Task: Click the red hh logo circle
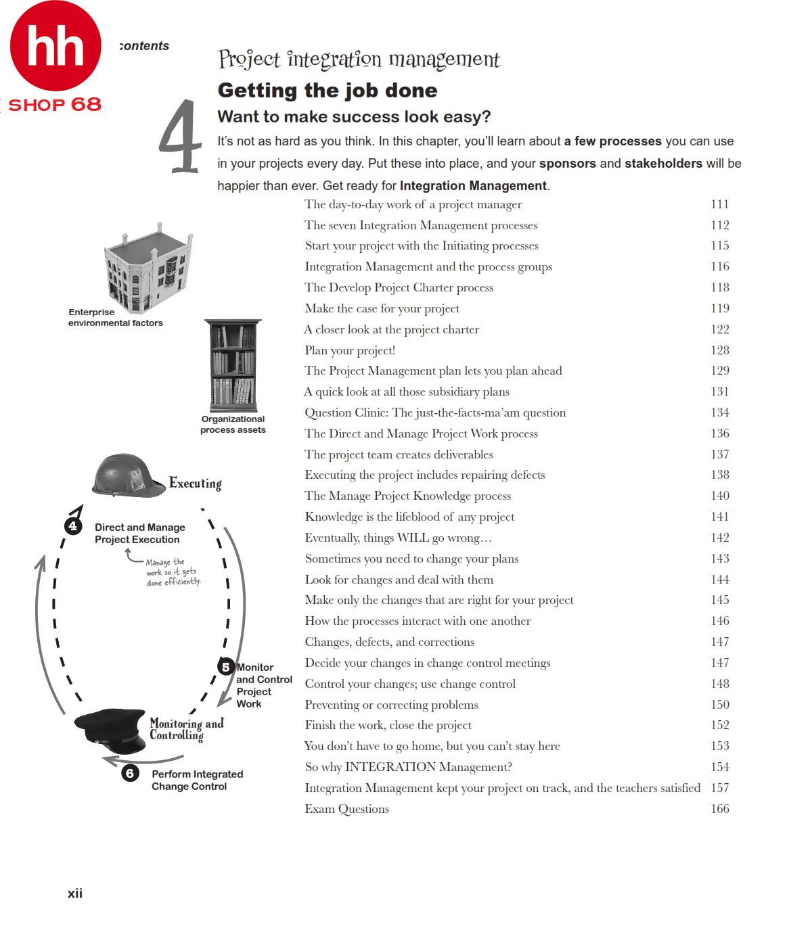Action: pyautogui.click(x=55, y=46)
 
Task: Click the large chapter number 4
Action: pyautogui.click(x=180, y=137)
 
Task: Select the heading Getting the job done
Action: pyautogui.click(x=328, y=90)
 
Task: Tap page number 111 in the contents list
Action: pyautogui.click(x=719, y=204)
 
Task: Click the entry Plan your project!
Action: pyautogui.click(x=350, y=350)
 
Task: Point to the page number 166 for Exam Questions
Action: pyautogui.click(x=719, y=809)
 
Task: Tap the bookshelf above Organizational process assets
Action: pyautogui.click(x=233, y=365)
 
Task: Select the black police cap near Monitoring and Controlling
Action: pyautogui.click(x=111, y=730)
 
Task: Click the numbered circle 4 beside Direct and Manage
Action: pyautogui.click(x=73, y=526)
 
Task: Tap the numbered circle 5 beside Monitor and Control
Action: pyautogui.click(x=225, y=667)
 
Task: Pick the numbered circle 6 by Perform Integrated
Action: pyautogui.click(x=130, y=773)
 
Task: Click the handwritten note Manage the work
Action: pyautogui.click(x=173, y=572)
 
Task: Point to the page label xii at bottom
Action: pyautogui.click(x=75, y=893)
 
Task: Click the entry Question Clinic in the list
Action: pyautogui.click(x=435, y=413)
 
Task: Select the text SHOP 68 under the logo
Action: pyautogui.click(x=55, y=105)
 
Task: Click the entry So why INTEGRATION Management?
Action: pyautogui.click(x=408, y=767)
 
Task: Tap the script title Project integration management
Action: pyautogui.click(x=359, y=60)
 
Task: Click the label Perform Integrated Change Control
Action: pyautogui.click(x=197, y=780)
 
